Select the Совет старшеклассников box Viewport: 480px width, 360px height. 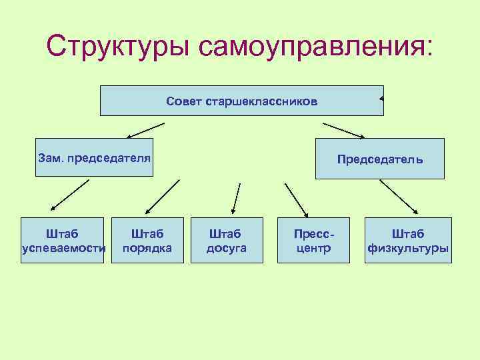[241, 101]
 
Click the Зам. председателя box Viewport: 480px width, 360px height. [94, 157]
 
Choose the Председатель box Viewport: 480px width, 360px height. [379, 159]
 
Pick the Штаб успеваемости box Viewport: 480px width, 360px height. [63, 240]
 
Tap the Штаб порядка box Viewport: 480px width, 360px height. [147, 240]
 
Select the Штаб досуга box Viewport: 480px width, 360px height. [226, 240]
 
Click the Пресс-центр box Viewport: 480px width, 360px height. [313, 240]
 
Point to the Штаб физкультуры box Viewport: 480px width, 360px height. [408, 240]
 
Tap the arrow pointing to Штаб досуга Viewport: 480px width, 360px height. [235, 197]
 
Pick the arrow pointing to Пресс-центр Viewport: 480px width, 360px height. [295, 198]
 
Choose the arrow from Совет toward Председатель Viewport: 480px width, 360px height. [343, 130]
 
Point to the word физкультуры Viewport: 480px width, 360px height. [408, 248]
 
